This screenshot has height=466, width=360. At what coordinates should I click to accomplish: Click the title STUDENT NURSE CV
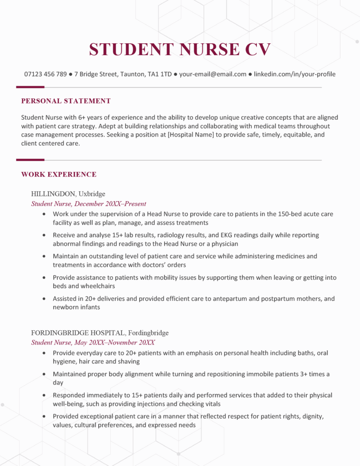click(x=180, y=49)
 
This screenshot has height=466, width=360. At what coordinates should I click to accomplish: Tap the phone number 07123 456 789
click(x=46, y=74)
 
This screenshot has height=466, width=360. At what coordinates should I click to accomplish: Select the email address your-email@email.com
click(x=213, y=74)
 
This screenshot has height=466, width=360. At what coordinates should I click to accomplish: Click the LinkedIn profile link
click(x=294, y=74)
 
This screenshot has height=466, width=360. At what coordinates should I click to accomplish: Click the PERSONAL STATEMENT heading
click(x=66, y=101)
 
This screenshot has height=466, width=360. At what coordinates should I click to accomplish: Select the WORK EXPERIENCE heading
click(x=59, y=174)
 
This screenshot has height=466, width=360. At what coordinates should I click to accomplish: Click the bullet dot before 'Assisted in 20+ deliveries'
click(x=44, y=299)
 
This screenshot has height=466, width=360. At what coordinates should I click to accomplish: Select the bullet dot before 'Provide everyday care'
click(x=44, y=353)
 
